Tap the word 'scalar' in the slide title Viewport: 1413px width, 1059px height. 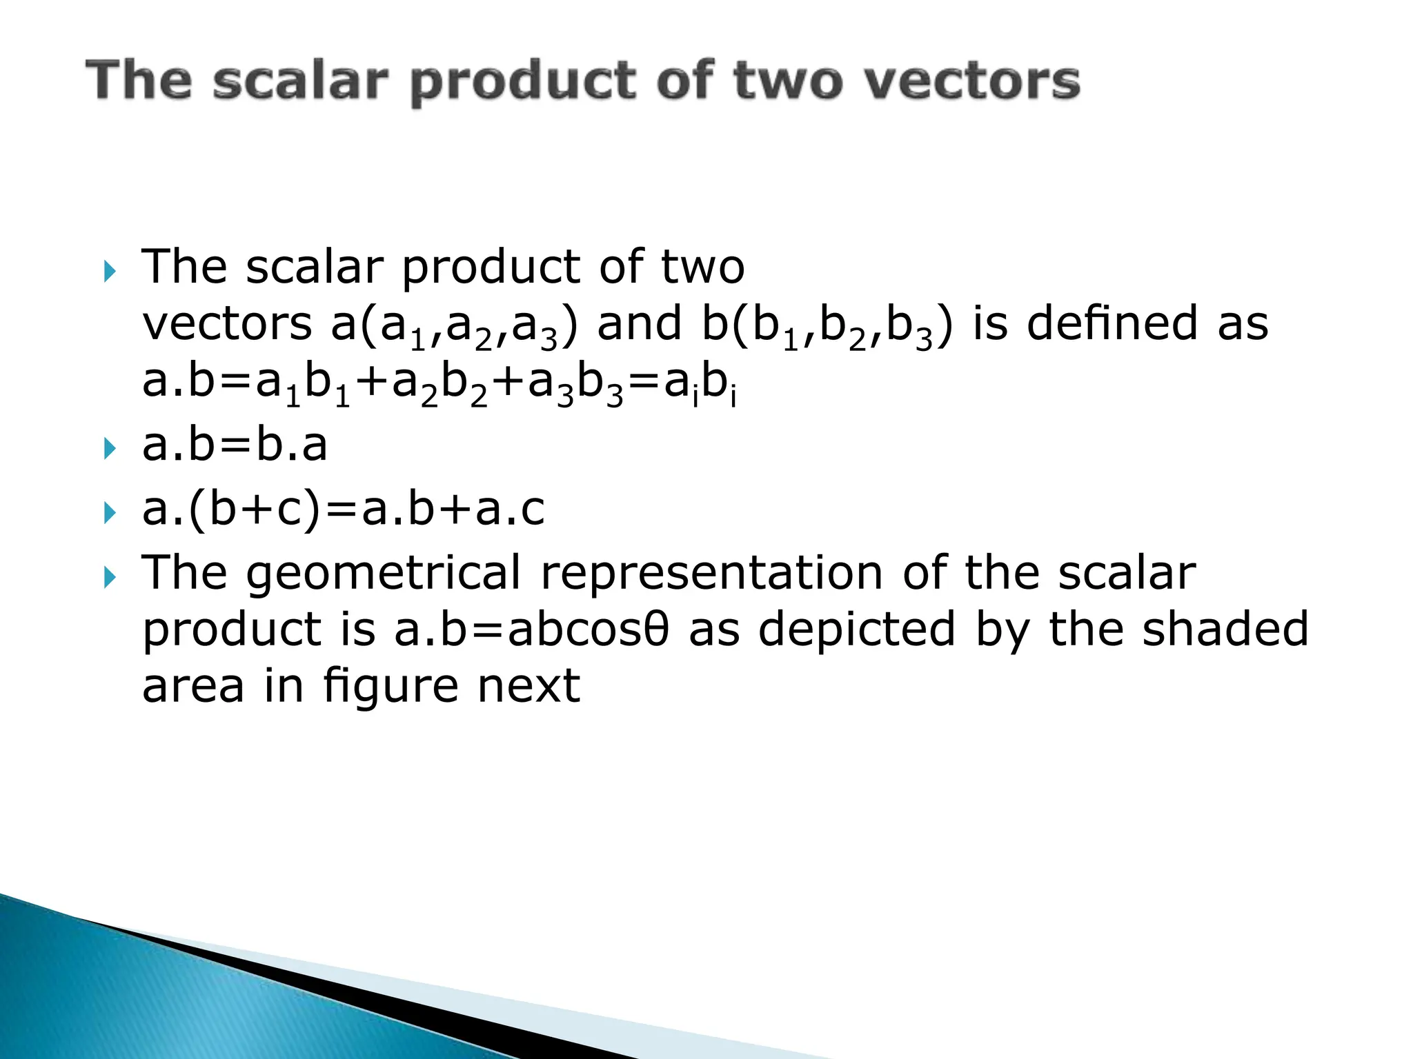[x=299, y=81]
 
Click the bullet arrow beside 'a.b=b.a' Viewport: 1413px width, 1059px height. [x=110, y=449]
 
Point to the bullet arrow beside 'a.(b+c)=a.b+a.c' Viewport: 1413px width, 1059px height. [x=110, y=512]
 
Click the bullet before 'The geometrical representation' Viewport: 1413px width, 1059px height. [x=110, y=577]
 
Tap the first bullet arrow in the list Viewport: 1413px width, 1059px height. [x=110, y=271]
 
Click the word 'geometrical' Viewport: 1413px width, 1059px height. [x=384, y=574]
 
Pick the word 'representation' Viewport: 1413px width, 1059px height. [x=711, y=574]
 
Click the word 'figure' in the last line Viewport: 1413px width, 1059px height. [x=391, y=688]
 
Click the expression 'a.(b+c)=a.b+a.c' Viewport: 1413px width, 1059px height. [x=343, y=510]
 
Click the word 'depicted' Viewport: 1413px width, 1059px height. [x=856, y=630]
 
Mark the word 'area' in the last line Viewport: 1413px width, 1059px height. [x=192, y=687]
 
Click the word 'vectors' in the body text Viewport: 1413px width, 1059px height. [x=227, y=324]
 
